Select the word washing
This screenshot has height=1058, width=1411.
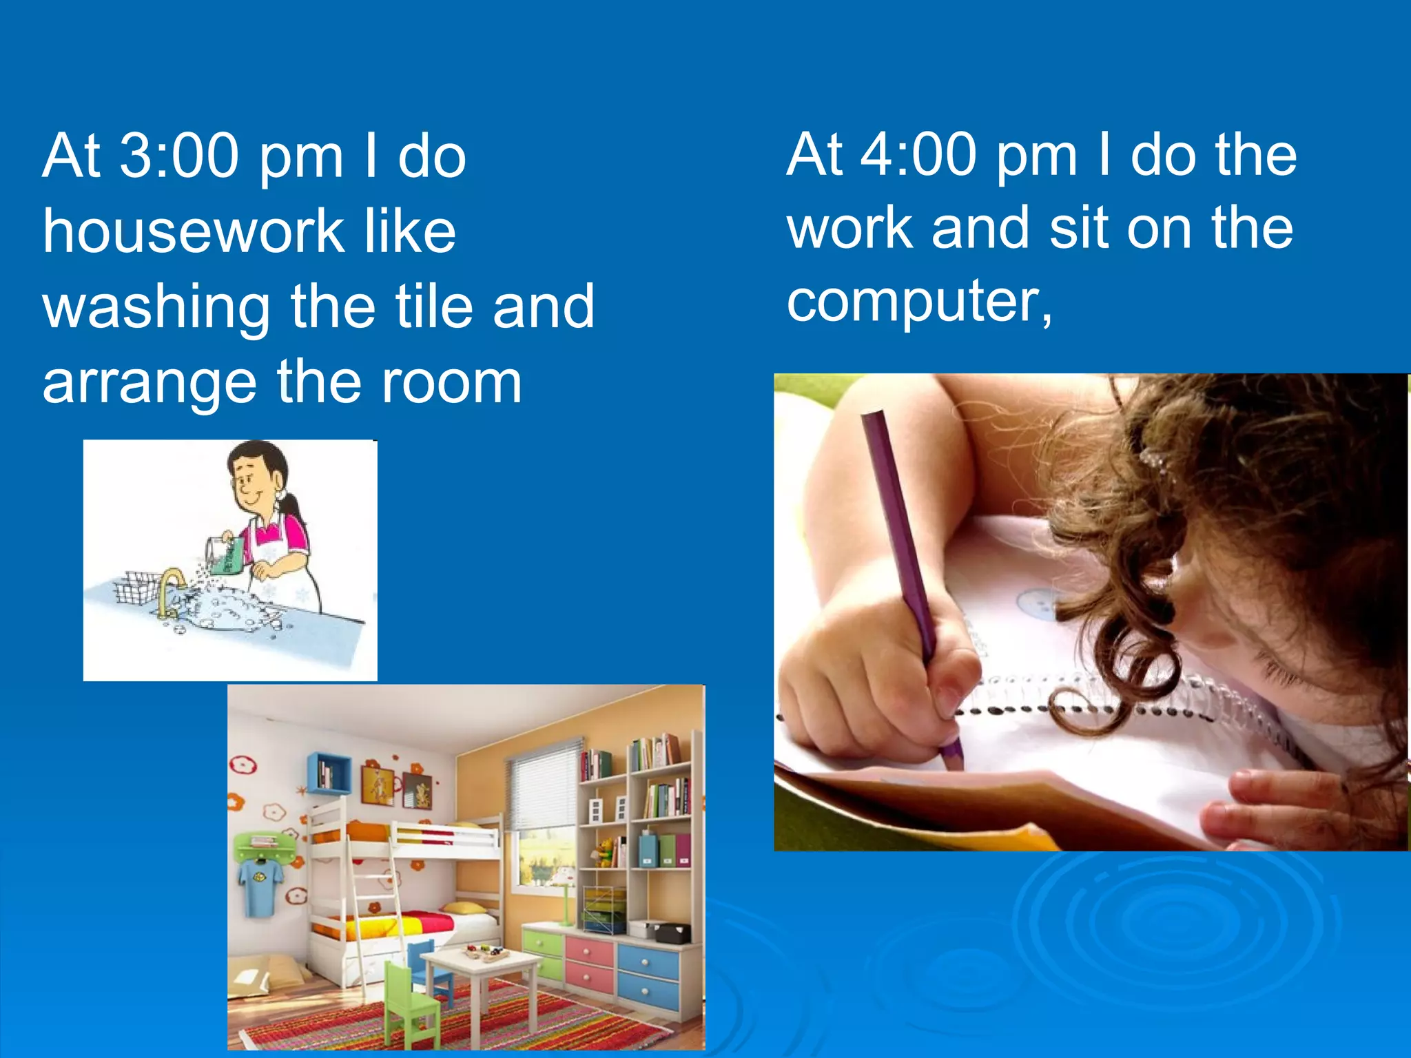pyautogui.click(x=156, y=307)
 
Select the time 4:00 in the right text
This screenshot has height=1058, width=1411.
pyautogui.click(x=919, y=154)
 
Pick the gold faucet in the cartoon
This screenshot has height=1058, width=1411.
pyautogui.click(x=169, y=589)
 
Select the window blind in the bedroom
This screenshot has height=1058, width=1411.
pyautogui.click(x=544, y=785)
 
